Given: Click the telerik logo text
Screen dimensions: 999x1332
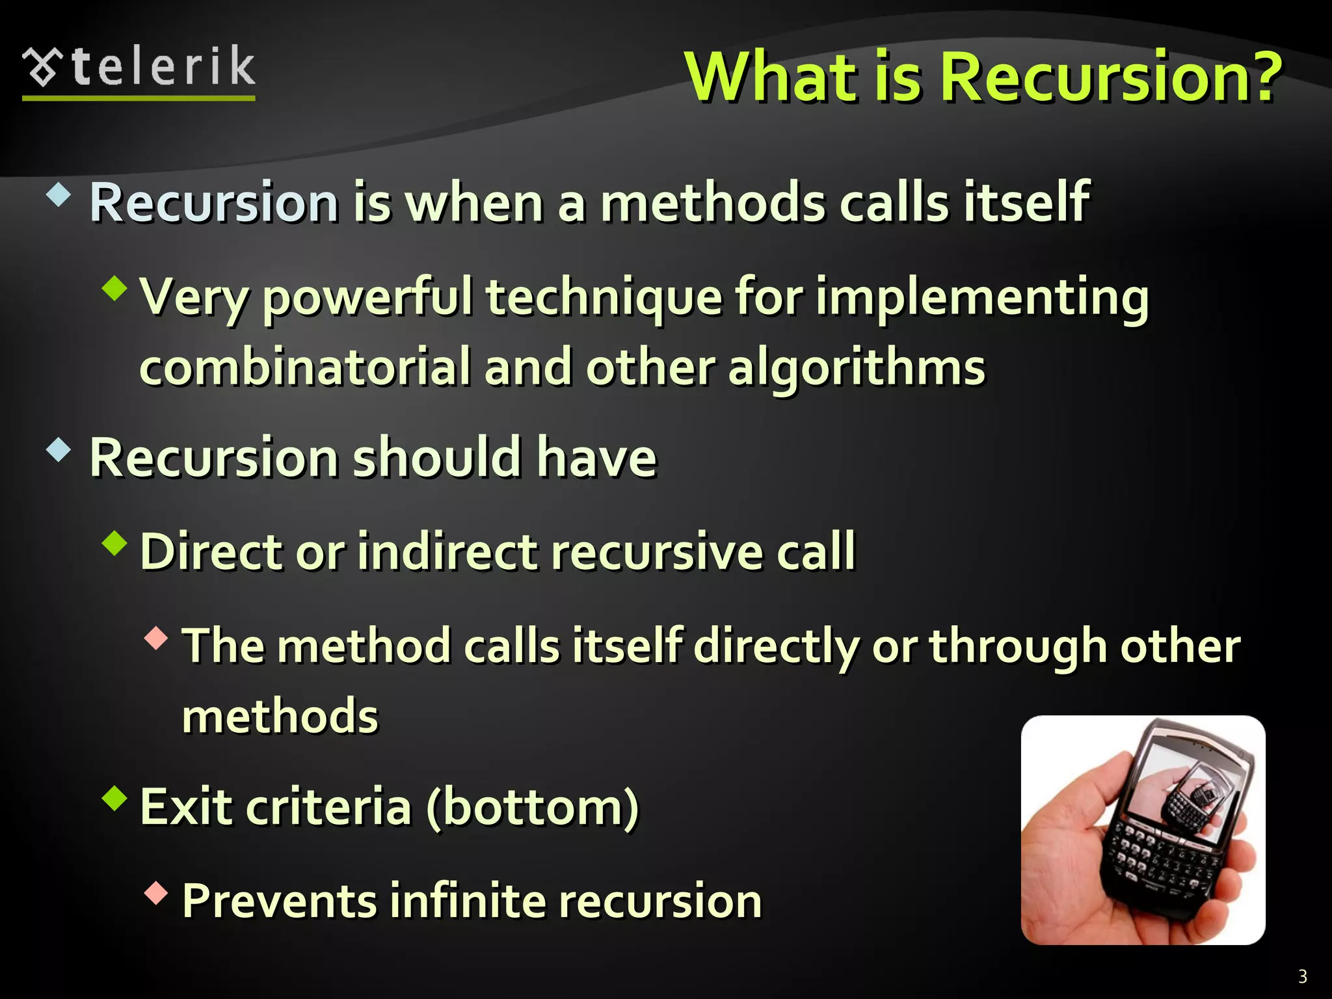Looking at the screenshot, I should click(163, 68).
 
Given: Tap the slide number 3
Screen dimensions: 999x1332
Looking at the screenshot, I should click(1302, 976).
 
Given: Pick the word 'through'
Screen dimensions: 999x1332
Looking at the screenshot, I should click(1017, 648).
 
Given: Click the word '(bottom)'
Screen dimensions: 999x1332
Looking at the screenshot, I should click(533, 807).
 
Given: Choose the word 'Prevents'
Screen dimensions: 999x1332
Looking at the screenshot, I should click(280, 901).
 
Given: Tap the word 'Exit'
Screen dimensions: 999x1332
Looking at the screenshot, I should click(186, 807).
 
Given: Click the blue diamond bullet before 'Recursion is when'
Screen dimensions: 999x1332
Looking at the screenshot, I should click(59, 195).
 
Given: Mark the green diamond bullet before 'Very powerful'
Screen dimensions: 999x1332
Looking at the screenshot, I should click(115, 288).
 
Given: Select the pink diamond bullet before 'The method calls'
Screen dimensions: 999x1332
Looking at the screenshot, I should click(156, 639).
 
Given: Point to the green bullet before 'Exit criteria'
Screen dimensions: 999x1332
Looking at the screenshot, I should click(115, 799).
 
